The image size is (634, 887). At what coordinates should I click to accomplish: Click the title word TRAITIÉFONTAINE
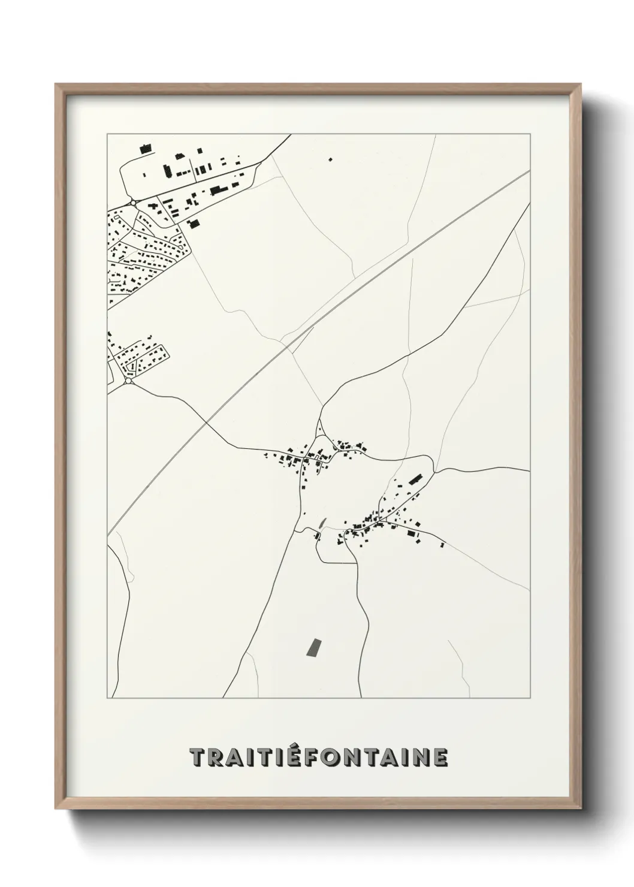pyautogui.click(x=318, y=758)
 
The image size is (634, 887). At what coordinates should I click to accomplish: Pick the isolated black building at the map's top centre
pyautogui.click(x=330, y=159)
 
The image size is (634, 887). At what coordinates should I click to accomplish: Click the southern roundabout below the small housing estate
pyautogui.click(x=128, y=381)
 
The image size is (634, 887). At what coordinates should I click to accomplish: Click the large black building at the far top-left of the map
pyautogui.click(x=145, y=147)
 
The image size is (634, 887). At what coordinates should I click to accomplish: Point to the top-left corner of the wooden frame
pyautogui.click(x=56, y=85)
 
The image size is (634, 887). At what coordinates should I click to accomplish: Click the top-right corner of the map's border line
pyautogui.click(x=530, y=134)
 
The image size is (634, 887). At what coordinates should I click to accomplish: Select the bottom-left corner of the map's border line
pyautogui.click(x=107, y=698)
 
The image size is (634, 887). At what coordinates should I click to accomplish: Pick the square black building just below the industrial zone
pyautogui.click(x=193, y=224)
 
